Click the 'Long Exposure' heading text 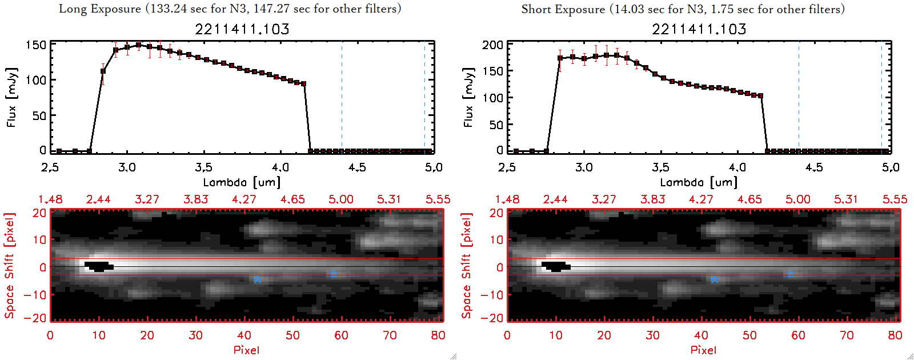point(100,9)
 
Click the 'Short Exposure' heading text point(563,9)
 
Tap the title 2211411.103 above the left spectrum point(242,29)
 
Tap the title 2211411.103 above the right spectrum point(699,29)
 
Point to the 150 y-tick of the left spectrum point(36,45)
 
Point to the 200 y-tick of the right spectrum point(492,45)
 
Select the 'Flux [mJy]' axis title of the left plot point(11,97)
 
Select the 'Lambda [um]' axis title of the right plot point(699,182)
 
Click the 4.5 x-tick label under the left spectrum point(357,167)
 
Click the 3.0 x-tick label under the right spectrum point(584,167)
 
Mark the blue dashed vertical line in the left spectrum point(342,97)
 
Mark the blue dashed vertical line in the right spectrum point(799,97)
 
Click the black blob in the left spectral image point(99,266)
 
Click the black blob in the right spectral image point(556,266)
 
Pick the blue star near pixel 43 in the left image point(258,279)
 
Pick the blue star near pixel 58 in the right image point(791,274)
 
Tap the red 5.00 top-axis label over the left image point(341,199)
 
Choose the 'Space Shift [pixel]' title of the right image point(467,265)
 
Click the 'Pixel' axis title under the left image point(246,350)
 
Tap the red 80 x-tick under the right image point(895,335)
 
